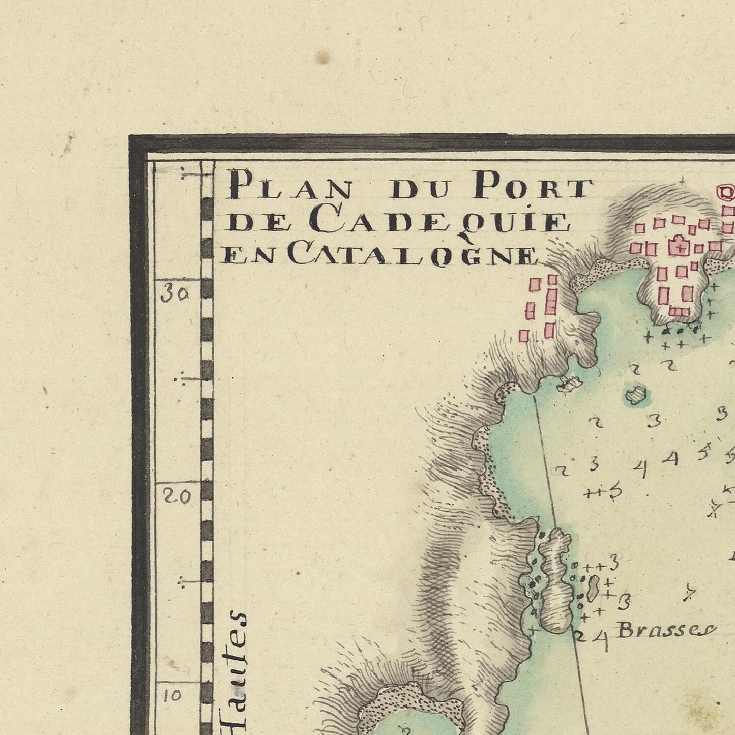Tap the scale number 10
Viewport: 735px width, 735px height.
[x=173, y=695]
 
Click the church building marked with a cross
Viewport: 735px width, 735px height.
[x=679, y=247]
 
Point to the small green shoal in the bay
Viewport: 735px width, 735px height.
[x=635, y=395]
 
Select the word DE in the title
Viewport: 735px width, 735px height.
[x=250, y=223]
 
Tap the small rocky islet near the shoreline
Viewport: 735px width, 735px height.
[x=569, y=384]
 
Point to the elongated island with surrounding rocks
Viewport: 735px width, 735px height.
[x=554, y=580]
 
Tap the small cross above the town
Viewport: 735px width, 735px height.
[x=682, y=180]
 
